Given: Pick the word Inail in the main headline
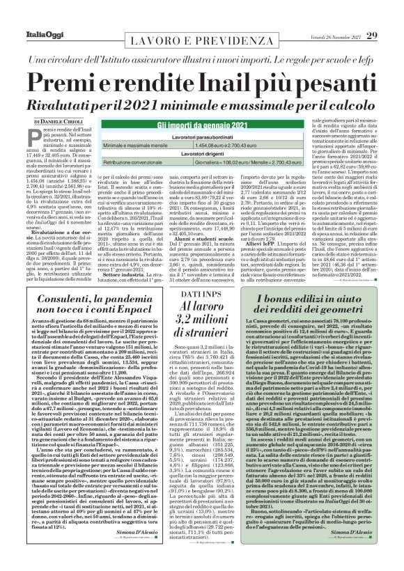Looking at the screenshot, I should tap(238, 82).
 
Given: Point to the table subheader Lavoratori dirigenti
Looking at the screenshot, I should tap(202, 152).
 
